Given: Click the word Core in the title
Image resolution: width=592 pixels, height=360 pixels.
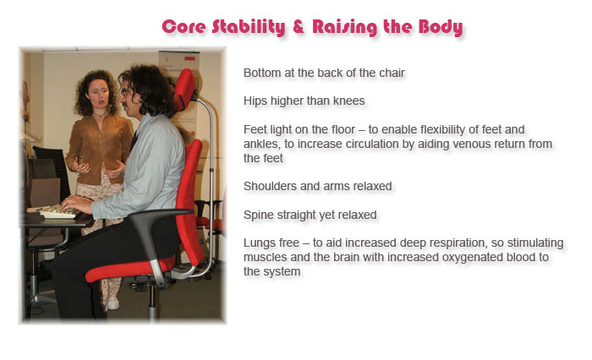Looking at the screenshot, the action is pyautogui.click(x=184, y=27).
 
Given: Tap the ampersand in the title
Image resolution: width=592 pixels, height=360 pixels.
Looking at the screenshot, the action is pyautogui.click(x=299, y=26).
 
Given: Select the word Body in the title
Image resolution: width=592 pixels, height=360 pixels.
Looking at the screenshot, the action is pyautogui.click(x=441, y=28).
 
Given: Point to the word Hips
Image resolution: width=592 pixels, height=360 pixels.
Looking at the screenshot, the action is pyautogui.click(x=255, y=101).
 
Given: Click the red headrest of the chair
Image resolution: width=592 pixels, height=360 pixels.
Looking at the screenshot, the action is pyautogui.click(x=185, y=89).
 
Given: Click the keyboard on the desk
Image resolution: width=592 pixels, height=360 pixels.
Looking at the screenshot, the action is pyautogui.click(x=58, y=212).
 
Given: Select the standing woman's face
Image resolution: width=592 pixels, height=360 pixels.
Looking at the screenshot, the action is pyautogui.click(x=98, y=95).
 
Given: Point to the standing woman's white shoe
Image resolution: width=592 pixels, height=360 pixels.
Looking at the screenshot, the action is pyautogui.click(x=112, y=303).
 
